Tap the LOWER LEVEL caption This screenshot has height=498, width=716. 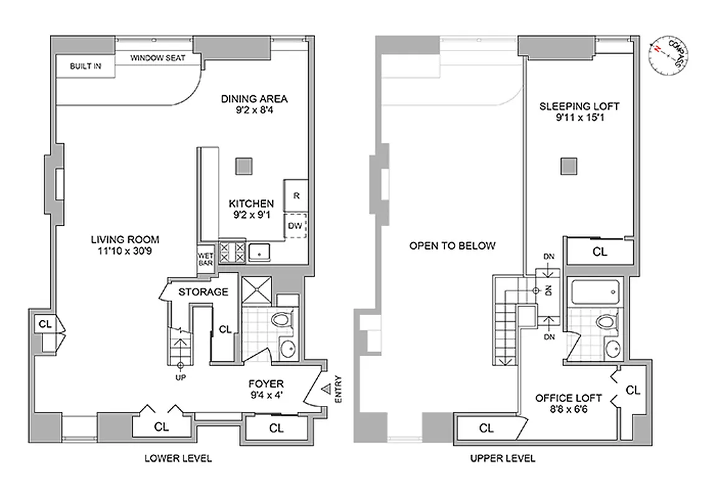pyautogui.click(x=178, y=458)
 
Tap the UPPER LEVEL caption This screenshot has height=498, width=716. pyautogui.click(x=502, y=458)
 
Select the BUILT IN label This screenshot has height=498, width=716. pyautogui.click(x=85, y=65)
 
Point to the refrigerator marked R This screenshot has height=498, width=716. pyautogui.click(x=296, y=195)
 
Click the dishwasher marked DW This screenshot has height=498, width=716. pyautogui.click(x=296, y=226)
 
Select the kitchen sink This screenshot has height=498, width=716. pyautogui.click(x=257, y=251)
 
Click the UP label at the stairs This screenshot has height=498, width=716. pyautogui.click(x=181, y=377)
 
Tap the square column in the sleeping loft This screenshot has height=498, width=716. pyautogui.click(x=568, y=166)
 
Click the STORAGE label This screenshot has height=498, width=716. pyautogui.click(x=203, y=291)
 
